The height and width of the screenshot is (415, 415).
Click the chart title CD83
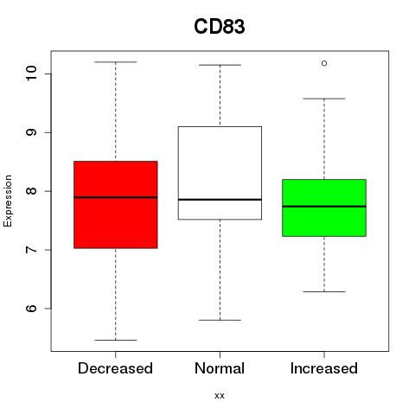pos(220,27)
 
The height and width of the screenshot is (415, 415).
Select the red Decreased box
pos(116,205)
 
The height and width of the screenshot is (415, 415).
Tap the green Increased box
pos(324,207)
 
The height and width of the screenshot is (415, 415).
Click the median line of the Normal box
pos(220,200)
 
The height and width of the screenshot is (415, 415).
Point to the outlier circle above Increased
pos(324,63)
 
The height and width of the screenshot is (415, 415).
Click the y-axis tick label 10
pos(31,73)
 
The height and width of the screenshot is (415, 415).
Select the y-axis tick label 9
pos(31,132)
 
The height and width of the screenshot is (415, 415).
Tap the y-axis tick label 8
pos(31,191)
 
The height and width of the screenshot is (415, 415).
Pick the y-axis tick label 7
pos(31,250)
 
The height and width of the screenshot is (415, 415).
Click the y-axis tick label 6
pos(31,308)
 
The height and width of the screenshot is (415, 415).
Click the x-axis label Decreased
pos(115,368)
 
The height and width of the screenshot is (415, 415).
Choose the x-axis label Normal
pos(220,368)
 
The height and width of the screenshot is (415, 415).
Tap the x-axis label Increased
pos(324,368)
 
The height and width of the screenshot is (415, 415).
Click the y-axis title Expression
pos(8,201)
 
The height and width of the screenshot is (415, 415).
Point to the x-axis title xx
pos(220,396)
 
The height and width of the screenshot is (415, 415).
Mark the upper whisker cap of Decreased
pos(116,62)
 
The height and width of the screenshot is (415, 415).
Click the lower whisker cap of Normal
pos(220,320)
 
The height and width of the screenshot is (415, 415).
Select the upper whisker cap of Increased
pos(324,99)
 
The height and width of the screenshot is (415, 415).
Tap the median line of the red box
pos(116,197)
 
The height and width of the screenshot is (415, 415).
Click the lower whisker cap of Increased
pos(324,291)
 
